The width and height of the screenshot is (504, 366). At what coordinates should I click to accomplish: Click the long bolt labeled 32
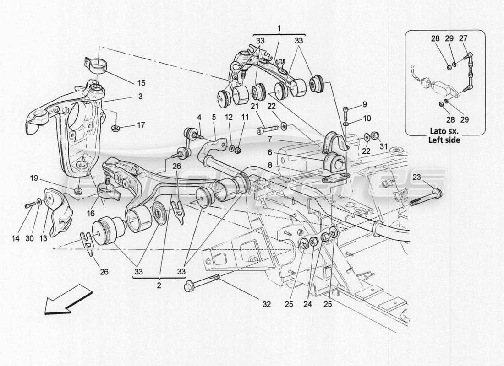pyautogui.click(x=202, y=281)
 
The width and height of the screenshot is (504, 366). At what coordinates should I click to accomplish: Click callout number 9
pyautogui.click(x=365, y=103)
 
